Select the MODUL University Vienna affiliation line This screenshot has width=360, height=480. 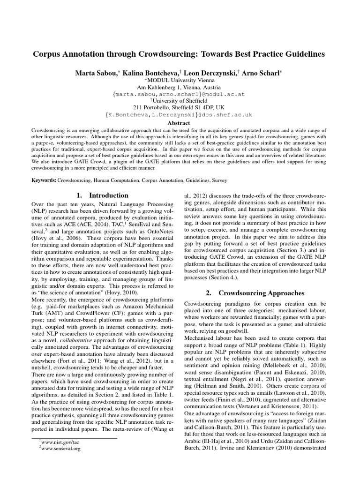coord(179,80)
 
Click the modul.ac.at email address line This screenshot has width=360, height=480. coord(179,94)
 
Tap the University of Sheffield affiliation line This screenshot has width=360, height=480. coord(179,100)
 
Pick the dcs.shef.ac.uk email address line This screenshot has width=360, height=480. coord(179,114)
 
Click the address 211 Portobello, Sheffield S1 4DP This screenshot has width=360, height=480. coord(179,107)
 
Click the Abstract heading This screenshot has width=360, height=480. coord(179,122)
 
